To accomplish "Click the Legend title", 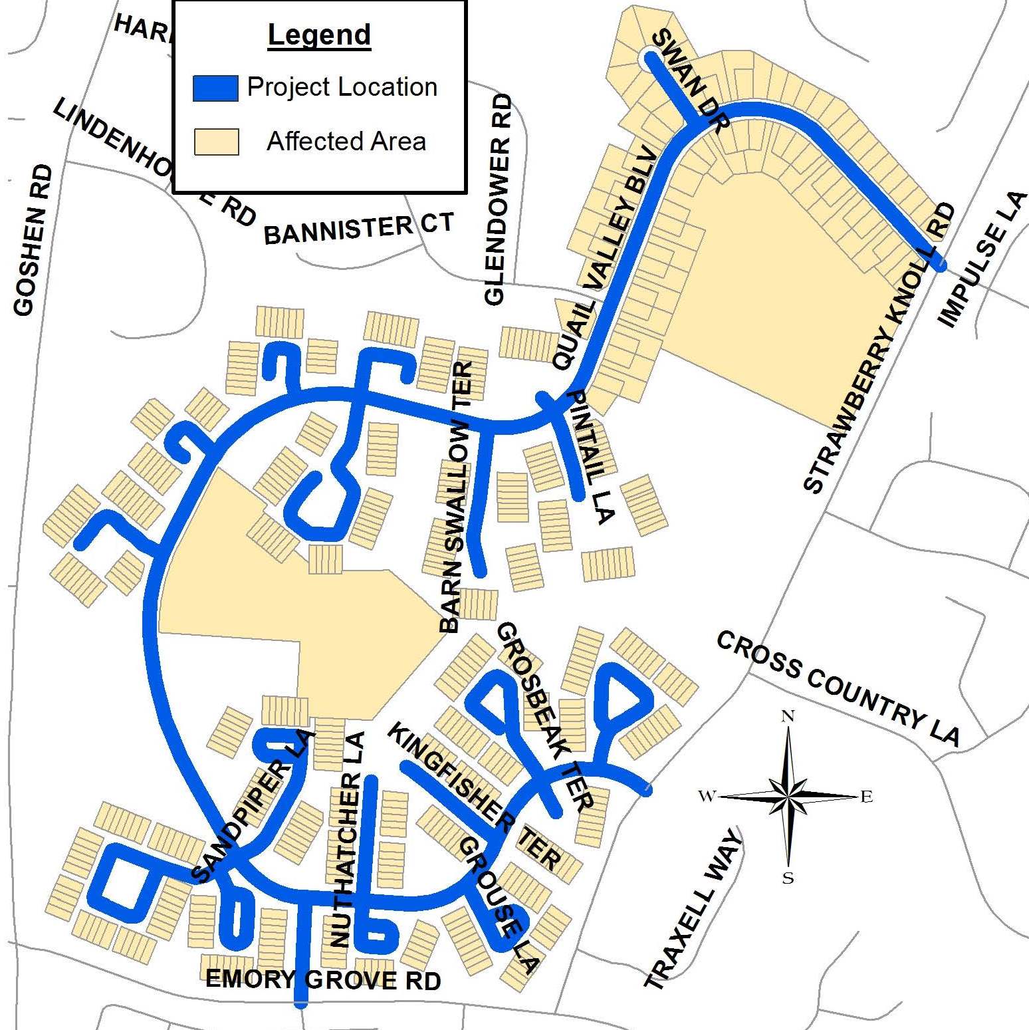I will [x=319, y=35].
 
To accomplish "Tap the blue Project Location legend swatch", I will [x=215, y=88].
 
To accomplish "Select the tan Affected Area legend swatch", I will [x=216, y=142].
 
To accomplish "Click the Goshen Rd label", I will [x=33, y=240].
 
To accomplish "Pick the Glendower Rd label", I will [x=499, y=199].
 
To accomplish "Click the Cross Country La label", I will [x=838, y=688].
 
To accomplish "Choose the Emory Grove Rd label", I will [x=323, y=979].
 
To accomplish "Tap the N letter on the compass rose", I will [x=788, y=716].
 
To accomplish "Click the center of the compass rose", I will [x=788, y=796].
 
